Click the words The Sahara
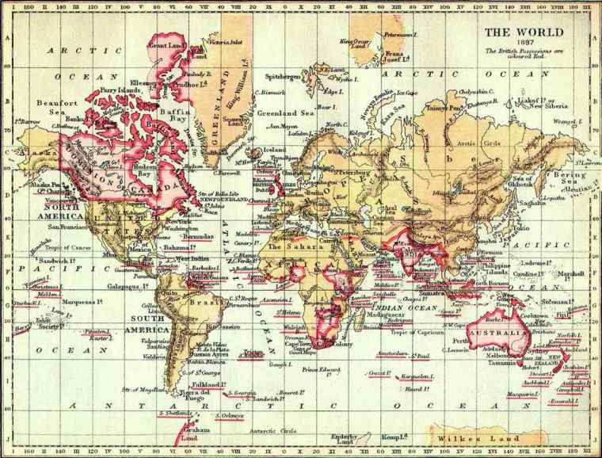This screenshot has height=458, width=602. [x=285, y=246]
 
